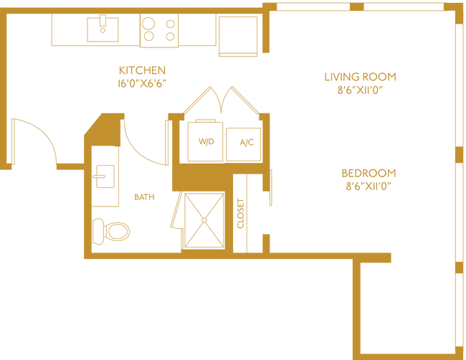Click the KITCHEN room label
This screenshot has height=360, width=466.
coord(143,70)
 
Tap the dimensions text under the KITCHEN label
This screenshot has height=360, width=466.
coord(143,83)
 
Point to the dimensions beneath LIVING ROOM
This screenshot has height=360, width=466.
coord(360,91)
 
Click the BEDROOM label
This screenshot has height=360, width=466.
coord(368,173)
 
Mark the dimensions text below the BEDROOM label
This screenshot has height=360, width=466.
coord(368,187)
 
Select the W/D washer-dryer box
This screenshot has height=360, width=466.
coord(205,141)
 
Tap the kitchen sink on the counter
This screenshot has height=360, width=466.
coord(103,28)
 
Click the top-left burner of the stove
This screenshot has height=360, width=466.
coord(149,22)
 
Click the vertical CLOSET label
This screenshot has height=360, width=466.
coord(240,212)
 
